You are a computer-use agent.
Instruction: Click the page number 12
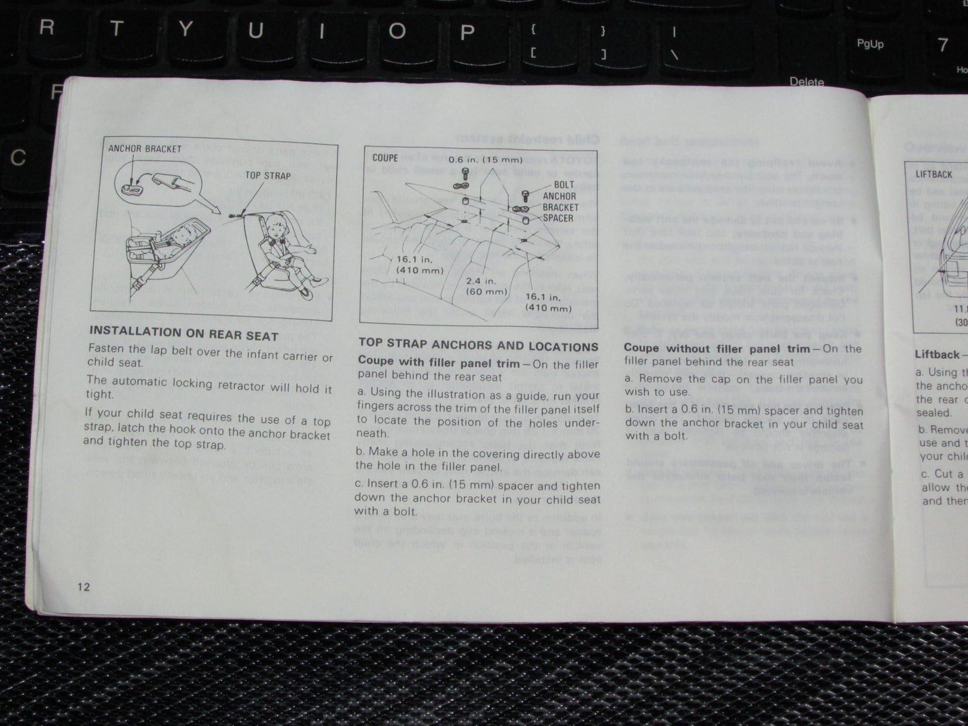(83, 587)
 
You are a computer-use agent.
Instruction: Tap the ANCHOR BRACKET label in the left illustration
(145, 149)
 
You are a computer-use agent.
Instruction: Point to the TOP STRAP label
(268, 175)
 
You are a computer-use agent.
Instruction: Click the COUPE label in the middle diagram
(385, 158)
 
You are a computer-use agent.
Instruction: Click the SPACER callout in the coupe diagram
(558, 218)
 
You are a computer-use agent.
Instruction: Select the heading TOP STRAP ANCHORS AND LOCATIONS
(478, 346)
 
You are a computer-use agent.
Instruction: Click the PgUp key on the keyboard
(870, 44)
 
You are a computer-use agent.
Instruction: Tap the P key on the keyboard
(467, 31)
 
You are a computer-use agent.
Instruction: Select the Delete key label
(807, 82)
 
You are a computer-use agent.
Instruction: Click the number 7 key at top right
(943, 45)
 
